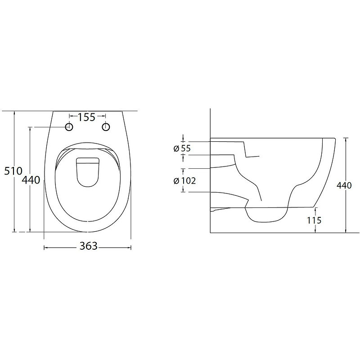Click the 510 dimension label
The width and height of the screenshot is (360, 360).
[13, 171]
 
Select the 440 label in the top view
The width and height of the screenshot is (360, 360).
[31, 180]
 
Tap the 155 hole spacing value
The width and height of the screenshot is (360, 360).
[86, 117]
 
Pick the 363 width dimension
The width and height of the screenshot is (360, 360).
[88, 246]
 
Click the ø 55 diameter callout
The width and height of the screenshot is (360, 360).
[182, 148]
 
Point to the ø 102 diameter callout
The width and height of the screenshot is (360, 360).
[185, 181]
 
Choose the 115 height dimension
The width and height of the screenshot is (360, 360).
[314, 220]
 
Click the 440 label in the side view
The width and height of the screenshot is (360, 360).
[344, 185]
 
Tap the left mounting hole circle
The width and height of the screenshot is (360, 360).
[69, 127]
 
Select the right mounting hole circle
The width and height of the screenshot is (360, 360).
[106, 127]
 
